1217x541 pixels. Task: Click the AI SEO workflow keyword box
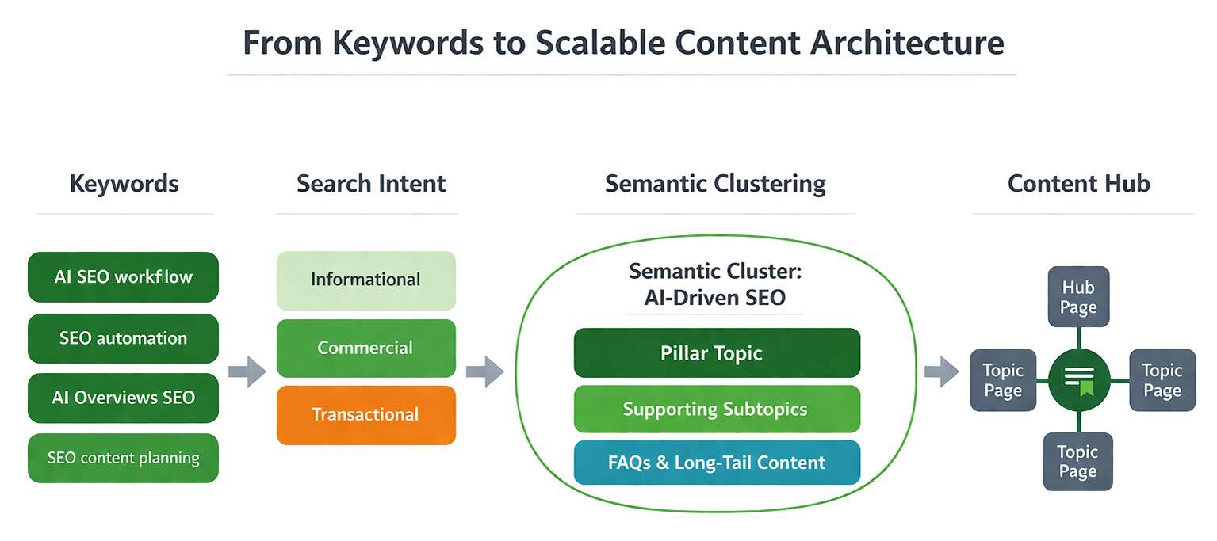click(x=123, y=277)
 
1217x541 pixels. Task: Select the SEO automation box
click(x=123, y=338)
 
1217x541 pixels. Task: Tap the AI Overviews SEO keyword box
click(x=123, y=398)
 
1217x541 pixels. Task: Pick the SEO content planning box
click(x=123, y=458)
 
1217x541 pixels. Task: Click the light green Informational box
click(x=365, y=280)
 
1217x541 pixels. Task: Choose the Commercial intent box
click(x=365, y=348)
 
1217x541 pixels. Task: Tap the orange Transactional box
click(x=365, y=414)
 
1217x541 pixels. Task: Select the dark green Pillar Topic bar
click(x=716, y=352)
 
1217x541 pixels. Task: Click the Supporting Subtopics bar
click(x=716, y=409)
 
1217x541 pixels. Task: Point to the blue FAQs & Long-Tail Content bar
click(x=716, y=463)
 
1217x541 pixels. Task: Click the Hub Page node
click(x=1078, y=297)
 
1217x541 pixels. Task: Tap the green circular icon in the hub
click(x=1078, y=380)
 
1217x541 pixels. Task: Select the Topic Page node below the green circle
click(x=1077, y=462)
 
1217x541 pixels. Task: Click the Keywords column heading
click(x=124, y=184)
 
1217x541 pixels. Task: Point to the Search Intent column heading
click(x=371, y=184)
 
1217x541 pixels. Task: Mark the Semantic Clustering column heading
click(x=715, y=184)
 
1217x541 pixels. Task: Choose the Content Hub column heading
click(x=1078, y=184)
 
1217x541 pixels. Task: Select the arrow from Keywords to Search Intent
click(x=247, y=371)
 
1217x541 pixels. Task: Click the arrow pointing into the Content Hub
click(x=941, y=371)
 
